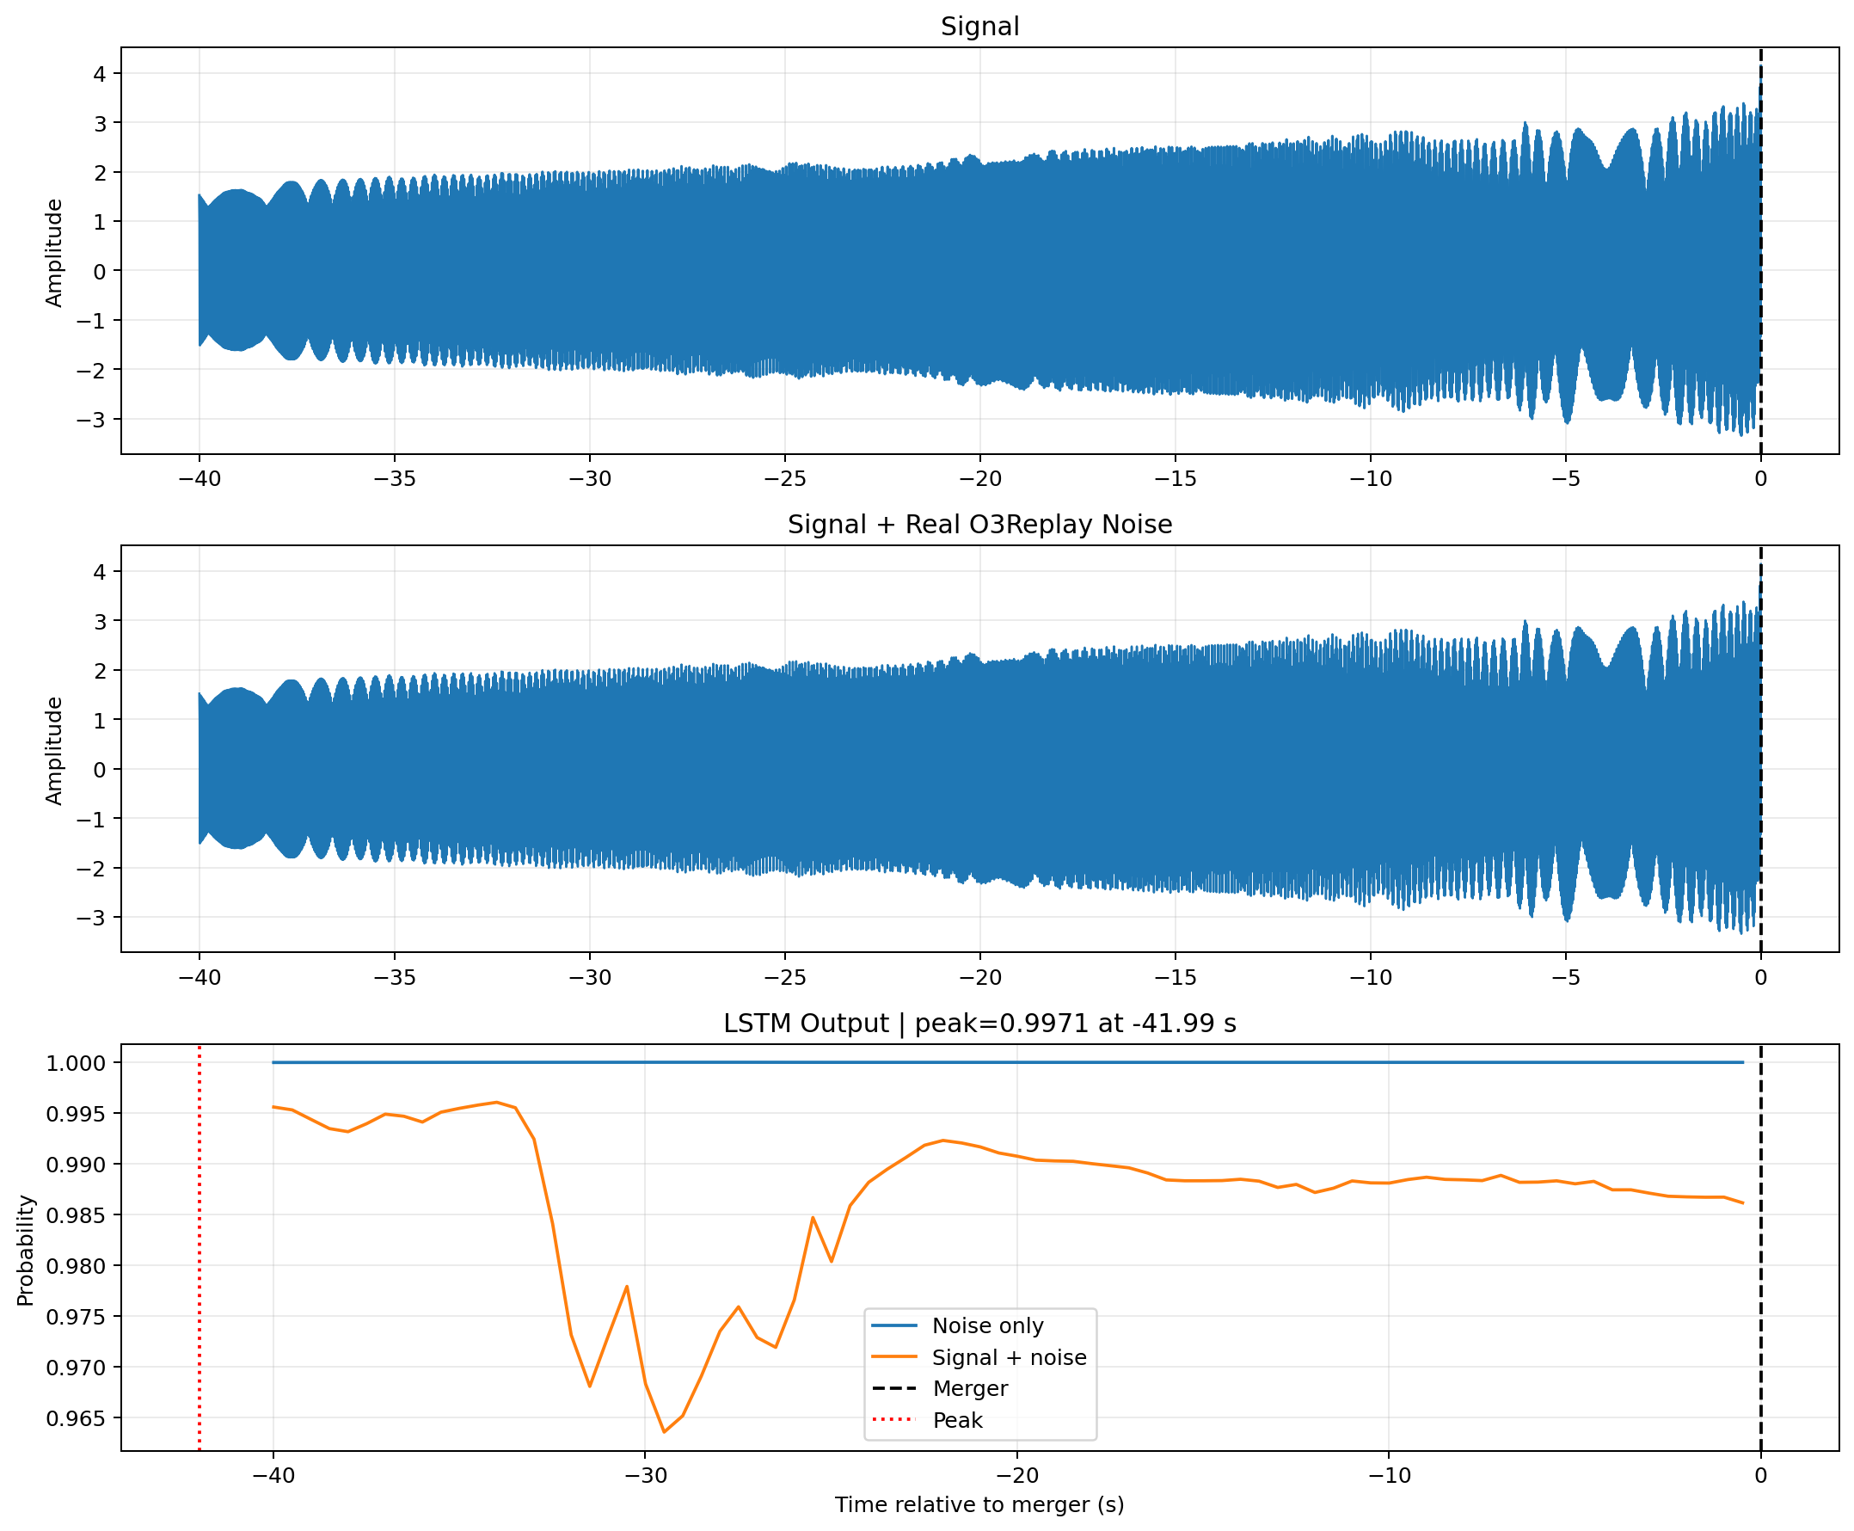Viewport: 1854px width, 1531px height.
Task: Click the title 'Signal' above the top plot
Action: (x=979, y=27)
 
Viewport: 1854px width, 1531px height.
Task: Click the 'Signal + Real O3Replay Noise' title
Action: (x=979, y=525)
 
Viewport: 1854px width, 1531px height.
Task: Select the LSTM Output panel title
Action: (x=979, y=1023)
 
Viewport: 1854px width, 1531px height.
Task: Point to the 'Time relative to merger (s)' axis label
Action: (x=979, y=1504)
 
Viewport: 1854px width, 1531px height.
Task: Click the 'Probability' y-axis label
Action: (x=26, y=1251)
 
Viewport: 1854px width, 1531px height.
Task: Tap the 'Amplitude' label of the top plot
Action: (x=54, y=253)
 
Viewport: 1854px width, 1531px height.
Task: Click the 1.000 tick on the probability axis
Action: (x=76, y=1063)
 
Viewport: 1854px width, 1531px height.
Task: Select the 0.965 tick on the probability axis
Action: (x=76, y=1418)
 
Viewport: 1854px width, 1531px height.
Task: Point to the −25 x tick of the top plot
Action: (x=784, y=479)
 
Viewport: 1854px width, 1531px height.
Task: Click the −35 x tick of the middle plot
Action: (x=394, y=977)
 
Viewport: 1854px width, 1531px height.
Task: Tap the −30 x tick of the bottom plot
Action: (x=644, y=1475)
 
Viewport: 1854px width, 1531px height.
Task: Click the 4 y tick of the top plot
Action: (x=100, y=74)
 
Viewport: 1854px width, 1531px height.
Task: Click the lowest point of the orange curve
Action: (x=664, y=1432)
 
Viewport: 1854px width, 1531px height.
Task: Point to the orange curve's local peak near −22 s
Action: (x=942, y=1141)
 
